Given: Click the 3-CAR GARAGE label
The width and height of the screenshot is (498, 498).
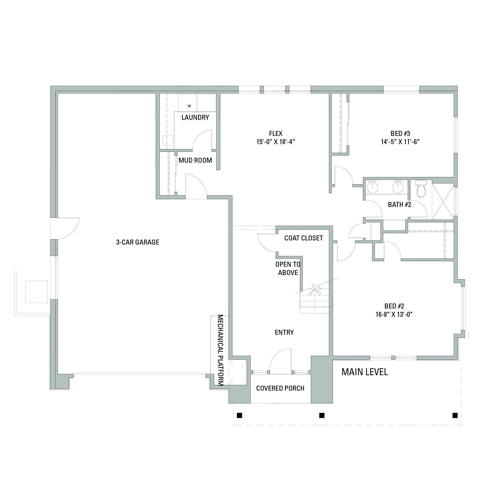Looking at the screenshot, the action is point(138,242).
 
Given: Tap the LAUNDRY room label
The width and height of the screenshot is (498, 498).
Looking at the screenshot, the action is point(195,118).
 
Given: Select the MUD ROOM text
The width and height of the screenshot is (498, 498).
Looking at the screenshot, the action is point(195,160).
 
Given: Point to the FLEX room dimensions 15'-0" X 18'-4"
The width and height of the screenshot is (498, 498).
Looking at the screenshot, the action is point(276,142).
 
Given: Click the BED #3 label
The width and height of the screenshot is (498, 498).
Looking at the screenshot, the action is point(400,134).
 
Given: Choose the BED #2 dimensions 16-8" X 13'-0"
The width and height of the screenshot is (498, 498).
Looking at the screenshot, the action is point(394,315).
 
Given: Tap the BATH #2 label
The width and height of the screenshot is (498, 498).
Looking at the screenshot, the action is point(400,205).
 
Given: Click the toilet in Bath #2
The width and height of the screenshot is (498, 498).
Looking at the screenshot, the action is point(421,188).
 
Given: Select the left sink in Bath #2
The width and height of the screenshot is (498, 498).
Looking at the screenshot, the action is point(372,187).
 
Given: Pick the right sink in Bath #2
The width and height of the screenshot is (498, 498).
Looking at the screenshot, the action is point(398,187).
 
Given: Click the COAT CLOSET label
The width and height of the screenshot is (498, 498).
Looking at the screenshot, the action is point(304,238).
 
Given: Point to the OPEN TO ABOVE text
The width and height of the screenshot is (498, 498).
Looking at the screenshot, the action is point(288,268).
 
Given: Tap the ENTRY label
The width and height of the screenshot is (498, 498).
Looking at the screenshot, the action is point(284,333).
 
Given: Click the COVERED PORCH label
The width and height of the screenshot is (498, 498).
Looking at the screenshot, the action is point(280,388).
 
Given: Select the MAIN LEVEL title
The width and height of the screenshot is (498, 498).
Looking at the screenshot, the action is point(365,372).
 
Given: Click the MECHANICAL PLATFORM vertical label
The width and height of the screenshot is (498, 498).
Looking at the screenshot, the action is point(221,350).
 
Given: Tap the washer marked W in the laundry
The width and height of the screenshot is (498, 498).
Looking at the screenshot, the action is point(187,103).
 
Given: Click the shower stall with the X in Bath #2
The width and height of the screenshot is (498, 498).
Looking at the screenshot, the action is point(443,201).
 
